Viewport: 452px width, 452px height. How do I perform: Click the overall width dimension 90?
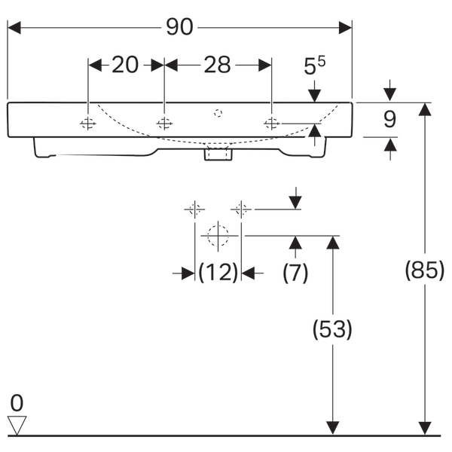(x=180, y=26)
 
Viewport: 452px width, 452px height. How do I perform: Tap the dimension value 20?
(x=126, y=66)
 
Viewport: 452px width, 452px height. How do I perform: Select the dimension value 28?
(x=217, y=66)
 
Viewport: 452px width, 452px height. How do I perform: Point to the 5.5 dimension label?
(x=314, y=67)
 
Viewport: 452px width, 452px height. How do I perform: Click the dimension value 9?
(x=389, y=119)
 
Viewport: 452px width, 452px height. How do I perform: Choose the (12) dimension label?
(x=218, y=273)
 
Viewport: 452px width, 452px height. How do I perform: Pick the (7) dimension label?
(x=295, y=273)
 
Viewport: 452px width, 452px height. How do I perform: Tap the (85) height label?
(x=425, y=270)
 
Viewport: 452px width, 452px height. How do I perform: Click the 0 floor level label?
(x=17, y=402)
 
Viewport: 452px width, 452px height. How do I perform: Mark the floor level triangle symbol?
(x=17, y=426)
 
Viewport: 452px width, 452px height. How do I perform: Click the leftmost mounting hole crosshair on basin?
(x=88, y=124)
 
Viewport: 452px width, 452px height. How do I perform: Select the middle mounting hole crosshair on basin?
(x=164, y=124)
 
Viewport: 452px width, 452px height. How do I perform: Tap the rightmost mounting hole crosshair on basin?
(x=271, y=124)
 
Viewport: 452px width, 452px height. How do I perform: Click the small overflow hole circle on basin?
(x=218, y=114)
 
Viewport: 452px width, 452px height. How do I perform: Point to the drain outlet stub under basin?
(x=218, y=154)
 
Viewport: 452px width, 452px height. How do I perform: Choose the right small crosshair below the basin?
(x=241, y=209)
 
